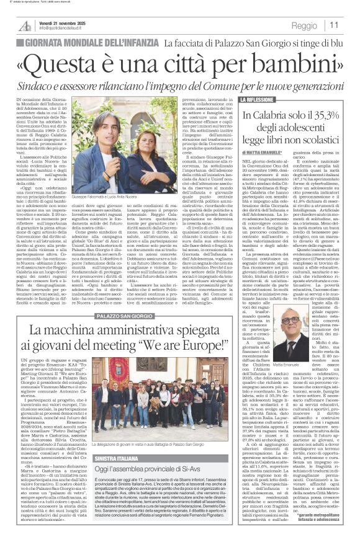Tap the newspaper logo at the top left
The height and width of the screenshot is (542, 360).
pos(25,25)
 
